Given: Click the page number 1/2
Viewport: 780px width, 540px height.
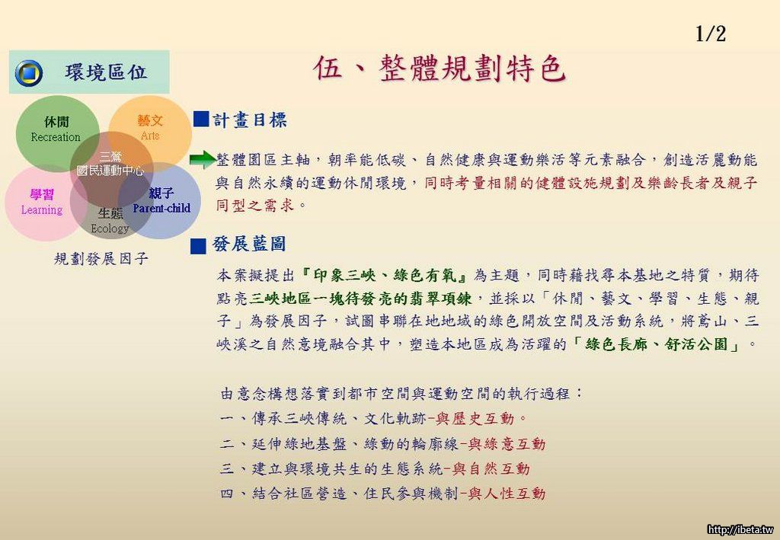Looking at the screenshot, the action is tap(711, 34).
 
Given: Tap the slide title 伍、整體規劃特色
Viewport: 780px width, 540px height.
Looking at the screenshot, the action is tap(440, 68).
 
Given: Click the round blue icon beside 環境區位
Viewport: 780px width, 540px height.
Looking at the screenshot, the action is tap(29, 73).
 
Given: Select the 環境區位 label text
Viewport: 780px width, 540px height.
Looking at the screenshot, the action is tap(106, 72).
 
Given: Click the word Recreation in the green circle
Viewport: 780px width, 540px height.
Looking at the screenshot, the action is tap(55, 137).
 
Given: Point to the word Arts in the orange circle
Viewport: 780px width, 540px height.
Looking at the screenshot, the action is tap(150, 136).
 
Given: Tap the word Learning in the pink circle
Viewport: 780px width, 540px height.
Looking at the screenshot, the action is tap(42, 210).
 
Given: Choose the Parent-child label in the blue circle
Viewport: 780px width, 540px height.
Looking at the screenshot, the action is tap(161, 209).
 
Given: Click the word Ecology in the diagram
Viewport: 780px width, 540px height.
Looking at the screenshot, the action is tap(110, 228).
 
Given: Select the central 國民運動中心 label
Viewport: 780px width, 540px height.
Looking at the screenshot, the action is tap(110, 171).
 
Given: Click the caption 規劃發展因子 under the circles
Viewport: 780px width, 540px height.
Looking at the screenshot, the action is tap(101, 258).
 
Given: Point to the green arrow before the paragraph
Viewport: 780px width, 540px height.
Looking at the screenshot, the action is tap(203, 160).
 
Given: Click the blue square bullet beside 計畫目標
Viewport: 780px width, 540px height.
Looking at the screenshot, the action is tap(201, 120).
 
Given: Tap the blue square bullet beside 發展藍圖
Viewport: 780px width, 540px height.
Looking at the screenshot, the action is tap(198, 246).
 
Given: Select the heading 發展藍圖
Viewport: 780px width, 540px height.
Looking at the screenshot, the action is tap(249, 244).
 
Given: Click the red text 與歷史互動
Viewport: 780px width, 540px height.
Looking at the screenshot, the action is tap(475, 419).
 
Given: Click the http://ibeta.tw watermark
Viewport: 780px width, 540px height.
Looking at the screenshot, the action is tap(740, 529).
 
